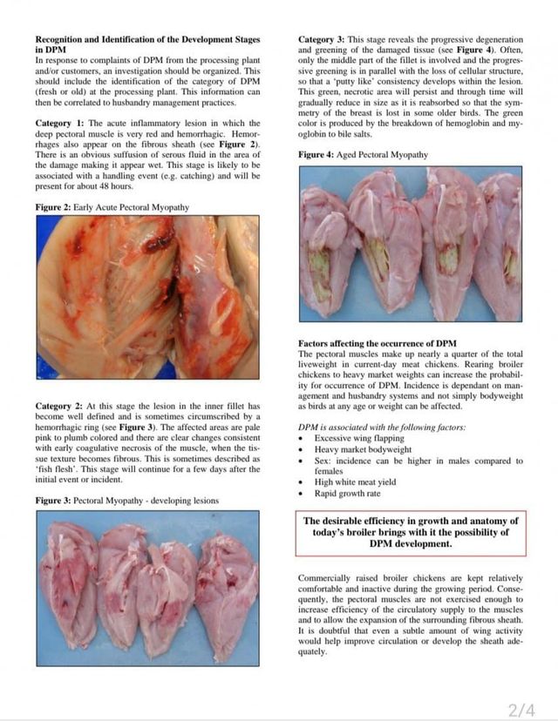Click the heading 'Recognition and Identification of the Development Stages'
[x=146, y=40]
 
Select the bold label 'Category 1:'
[x=60, y=124]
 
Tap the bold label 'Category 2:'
[x=60, y=407]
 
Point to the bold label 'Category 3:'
[x=323, y=40]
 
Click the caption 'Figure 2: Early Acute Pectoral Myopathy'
[x=112, y=207]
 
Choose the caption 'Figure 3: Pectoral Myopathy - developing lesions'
[x=126, y=501]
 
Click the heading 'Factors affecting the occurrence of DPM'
[x=377, y=344]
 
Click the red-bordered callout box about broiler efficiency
[x=411, y=532]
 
